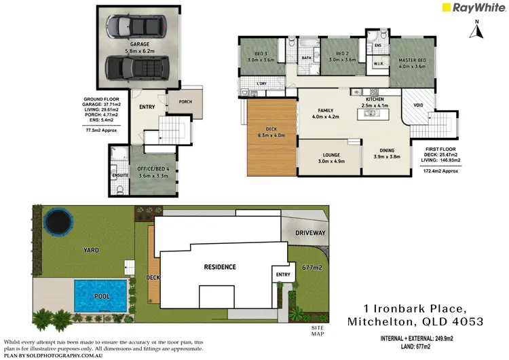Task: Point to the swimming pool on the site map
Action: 100,295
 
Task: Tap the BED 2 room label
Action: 337,56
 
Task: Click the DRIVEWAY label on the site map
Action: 310,233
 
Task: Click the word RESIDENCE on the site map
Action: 220,266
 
